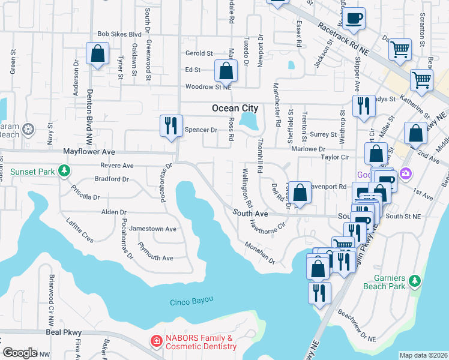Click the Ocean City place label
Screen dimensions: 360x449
pos(235,109)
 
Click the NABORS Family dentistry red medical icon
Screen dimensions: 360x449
pos(156,341)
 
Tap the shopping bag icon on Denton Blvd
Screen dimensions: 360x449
pos(97,54)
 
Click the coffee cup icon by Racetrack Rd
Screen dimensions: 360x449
pos(355,18)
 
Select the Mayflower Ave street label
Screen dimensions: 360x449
pos(90,153)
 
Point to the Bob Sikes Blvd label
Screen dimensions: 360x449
pos(119,35)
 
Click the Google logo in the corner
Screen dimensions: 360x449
pos(19,353)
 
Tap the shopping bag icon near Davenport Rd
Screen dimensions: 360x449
pos(300,193)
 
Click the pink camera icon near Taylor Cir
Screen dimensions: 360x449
pos(406,173)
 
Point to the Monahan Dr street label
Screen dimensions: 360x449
pos(259,253)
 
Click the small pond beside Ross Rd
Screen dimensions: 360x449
pos(248,121)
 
